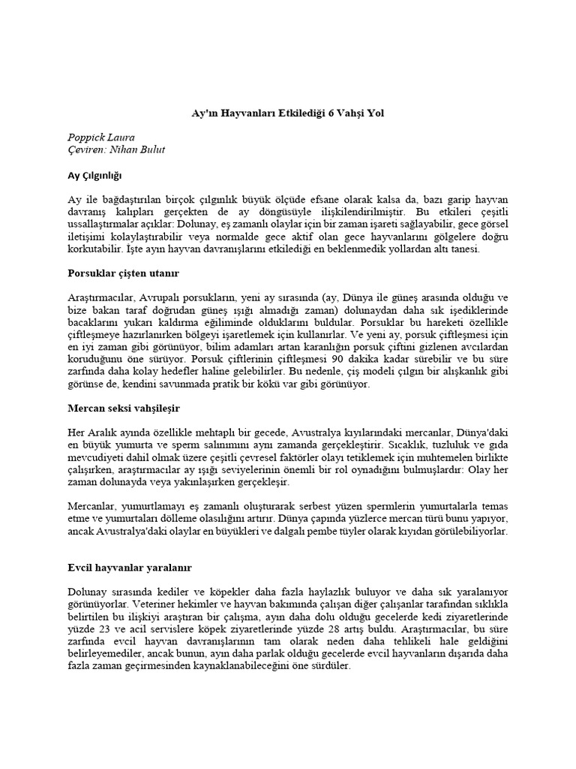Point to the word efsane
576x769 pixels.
(363, 199)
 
